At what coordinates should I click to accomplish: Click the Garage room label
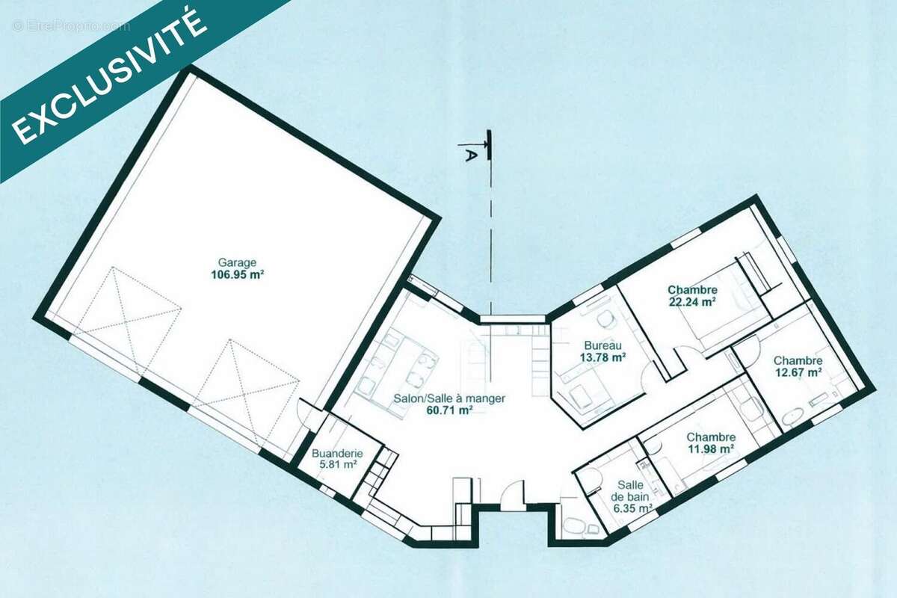point(237,263)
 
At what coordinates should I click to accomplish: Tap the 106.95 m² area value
point(238,275)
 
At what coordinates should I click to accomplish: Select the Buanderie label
point(337,454)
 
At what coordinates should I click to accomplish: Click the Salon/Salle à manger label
point(449,398)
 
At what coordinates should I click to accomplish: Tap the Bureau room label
point(602,345)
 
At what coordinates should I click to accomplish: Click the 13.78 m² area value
point(603,357)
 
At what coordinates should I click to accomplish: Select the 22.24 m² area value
point(692,301)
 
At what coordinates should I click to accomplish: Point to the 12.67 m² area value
point(798,372)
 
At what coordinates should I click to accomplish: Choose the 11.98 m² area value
point(711,449)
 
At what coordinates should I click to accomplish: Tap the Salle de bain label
point(630,491)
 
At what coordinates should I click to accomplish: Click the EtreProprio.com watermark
point(71,26)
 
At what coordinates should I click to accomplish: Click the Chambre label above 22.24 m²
point(692,289)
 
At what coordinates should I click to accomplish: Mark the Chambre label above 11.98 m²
point(711,437)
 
